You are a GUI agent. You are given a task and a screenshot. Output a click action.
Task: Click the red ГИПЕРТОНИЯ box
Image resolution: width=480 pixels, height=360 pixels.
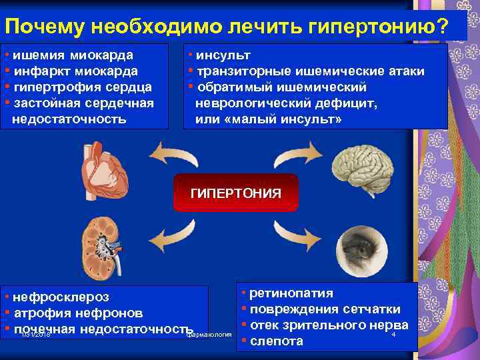(235, 193)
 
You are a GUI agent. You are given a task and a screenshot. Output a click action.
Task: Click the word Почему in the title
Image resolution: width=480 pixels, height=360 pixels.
(44, 28)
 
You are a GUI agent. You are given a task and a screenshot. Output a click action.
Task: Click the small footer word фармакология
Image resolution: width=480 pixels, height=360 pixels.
(209, 334)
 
